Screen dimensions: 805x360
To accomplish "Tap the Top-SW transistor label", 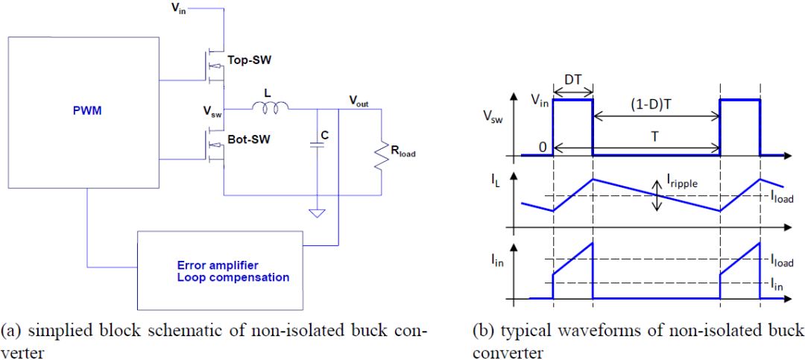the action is coord(249,60).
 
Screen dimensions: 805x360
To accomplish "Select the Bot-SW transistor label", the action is coord(248,139).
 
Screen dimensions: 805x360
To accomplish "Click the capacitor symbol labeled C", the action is coord(318,146).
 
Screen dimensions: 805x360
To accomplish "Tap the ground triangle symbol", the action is coord(318,212).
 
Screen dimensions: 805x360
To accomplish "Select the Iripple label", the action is coord(681,183).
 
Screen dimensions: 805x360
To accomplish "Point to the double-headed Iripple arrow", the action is coord(657,195).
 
